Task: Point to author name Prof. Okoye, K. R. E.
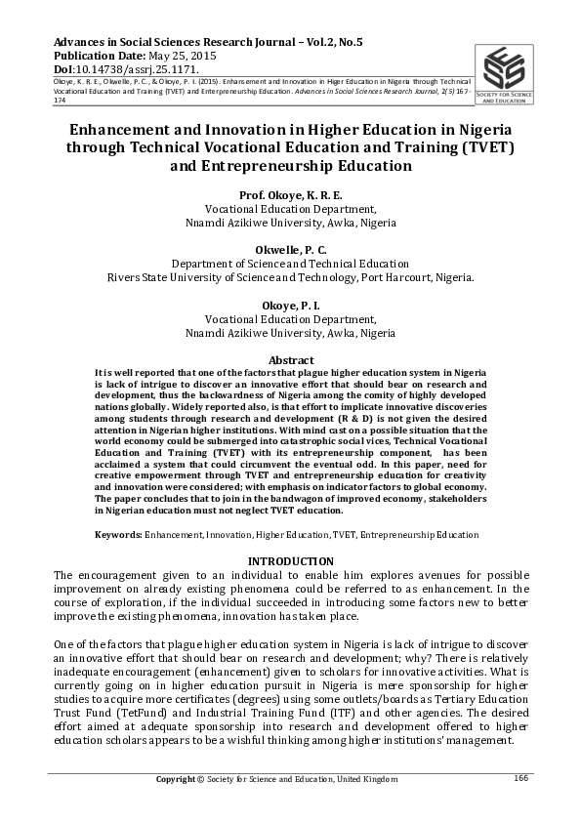[290, 195]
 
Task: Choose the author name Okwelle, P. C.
[290, 250]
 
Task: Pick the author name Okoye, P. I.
[290, 306]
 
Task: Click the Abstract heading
[290, 361]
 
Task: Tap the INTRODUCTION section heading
[290, 561]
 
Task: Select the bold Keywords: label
[118, 535]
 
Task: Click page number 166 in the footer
[520, 777]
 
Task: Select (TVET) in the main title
[484, 147]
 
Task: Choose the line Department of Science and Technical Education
[290, 264]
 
